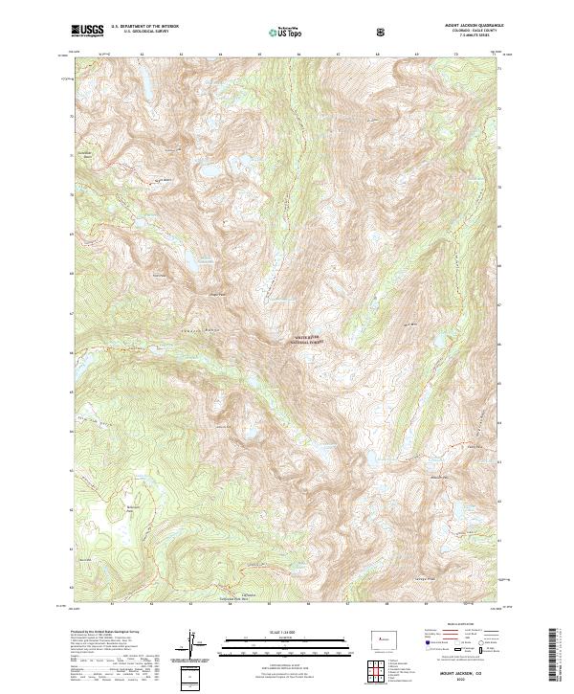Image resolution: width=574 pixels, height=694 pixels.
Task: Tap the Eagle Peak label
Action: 216,295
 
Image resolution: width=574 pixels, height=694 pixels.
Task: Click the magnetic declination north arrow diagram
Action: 192,641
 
